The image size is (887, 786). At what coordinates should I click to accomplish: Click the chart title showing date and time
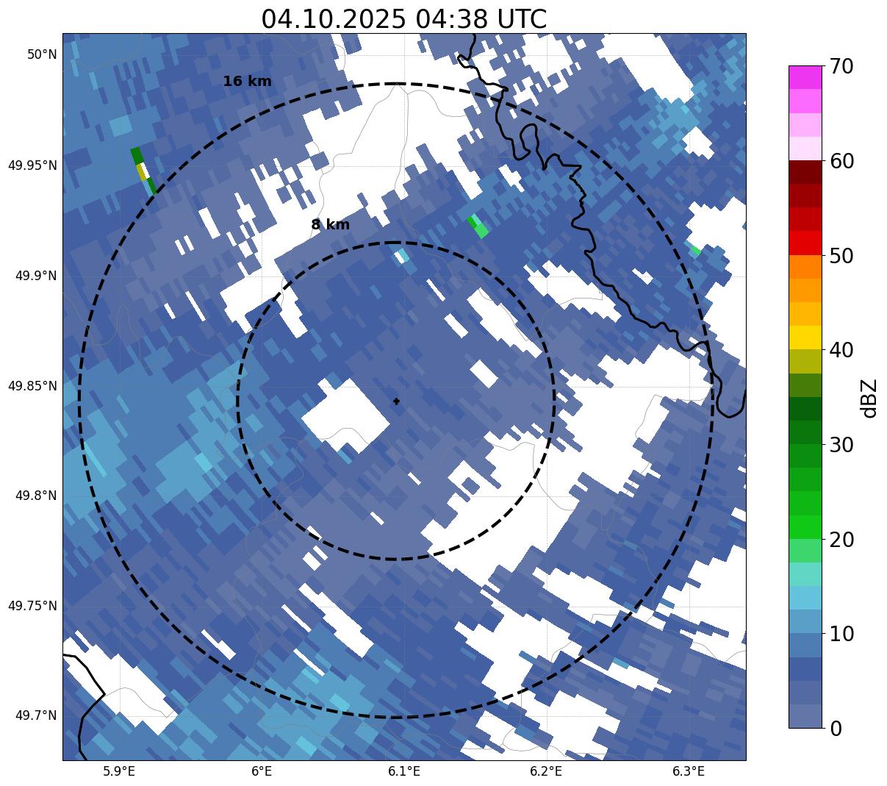pos(403,19)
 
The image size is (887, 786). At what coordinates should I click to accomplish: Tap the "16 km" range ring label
pos(247,82)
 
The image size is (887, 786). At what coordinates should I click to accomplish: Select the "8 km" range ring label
pos(330,225)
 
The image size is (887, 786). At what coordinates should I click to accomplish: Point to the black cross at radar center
pos(397,401)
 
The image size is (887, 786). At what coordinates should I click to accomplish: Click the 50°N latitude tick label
pos(42,54)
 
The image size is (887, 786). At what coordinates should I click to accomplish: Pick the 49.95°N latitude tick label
pos(32,165)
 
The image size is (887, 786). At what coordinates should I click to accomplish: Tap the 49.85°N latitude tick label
pos(32,385)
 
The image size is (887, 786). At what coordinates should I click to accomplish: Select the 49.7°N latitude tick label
pos(36,715)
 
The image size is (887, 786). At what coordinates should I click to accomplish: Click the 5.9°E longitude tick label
pos(119,771)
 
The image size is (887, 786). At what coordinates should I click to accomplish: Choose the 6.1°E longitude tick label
pos(404,771)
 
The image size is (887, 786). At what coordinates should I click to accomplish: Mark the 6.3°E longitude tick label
pos(689,771)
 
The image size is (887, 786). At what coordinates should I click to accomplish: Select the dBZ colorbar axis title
pos(869,398)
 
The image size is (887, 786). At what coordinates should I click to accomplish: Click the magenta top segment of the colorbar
pos(805,77)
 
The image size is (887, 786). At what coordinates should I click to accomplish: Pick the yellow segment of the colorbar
pos(805,337)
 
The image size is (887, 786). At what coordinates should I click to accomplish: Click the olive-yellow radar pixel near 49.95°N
pos(141,171)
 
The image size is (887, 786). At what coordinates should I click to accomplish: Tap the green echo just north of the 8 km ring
pos(478,226)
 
